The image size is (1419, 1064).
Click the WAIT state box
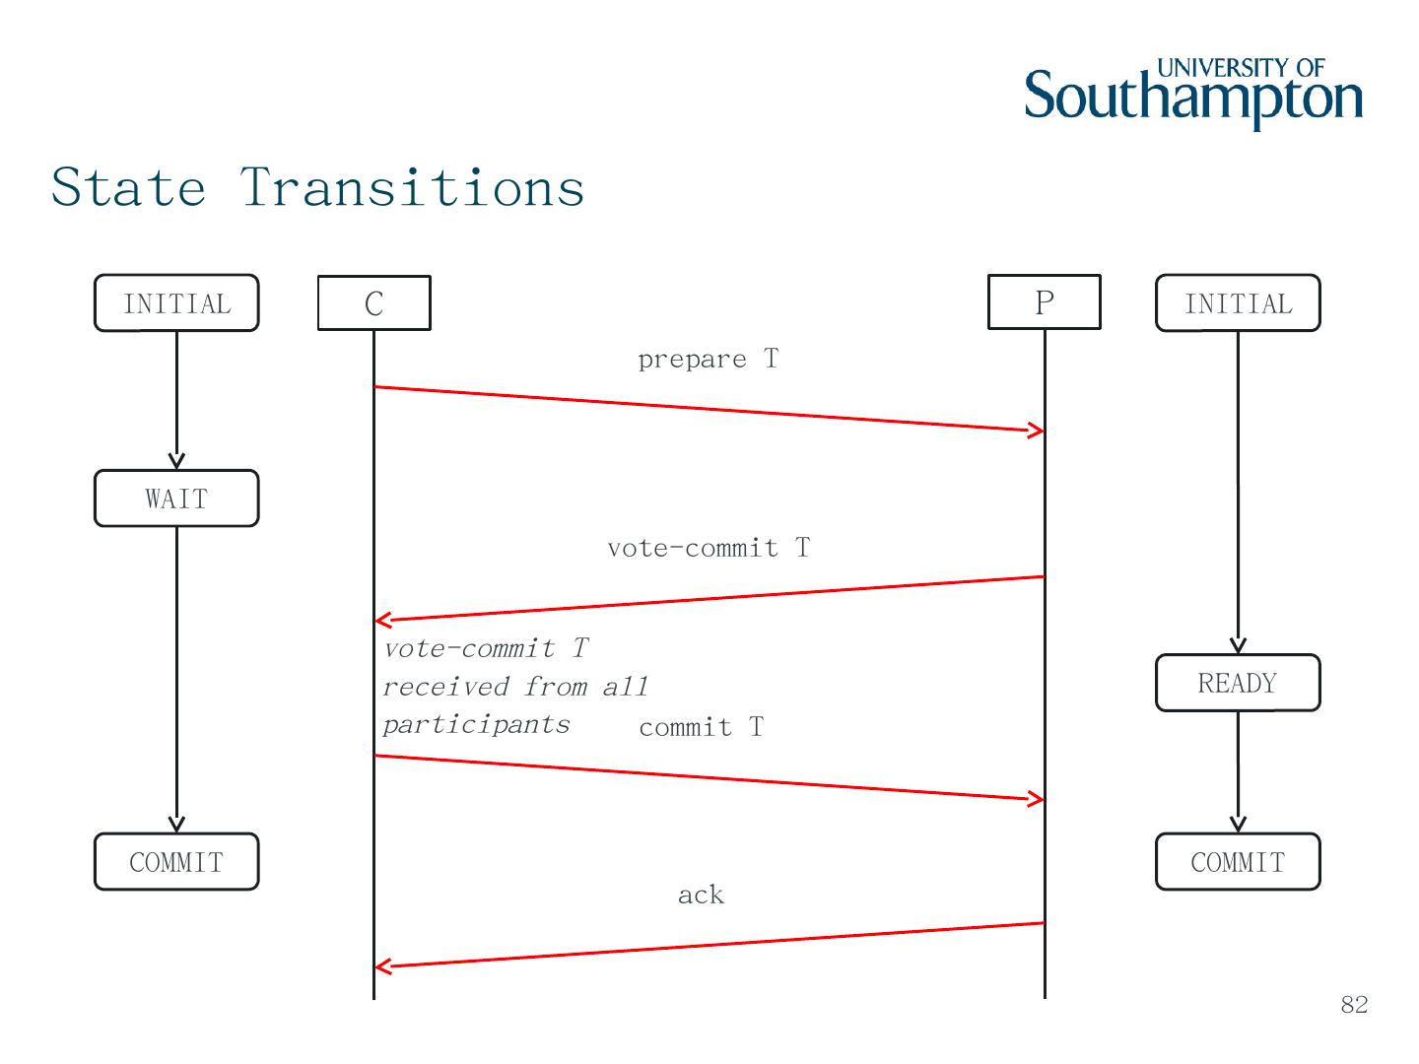click(x=176, y=499)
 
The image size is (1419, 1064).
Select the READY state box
click(x=1238, y=683)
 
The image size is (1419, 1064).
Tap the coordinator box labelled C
click(x=373, y=302)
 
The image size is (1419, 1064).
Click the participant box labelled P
click(x=1045, y=301)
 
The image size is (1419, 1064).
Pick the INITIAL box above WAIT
click(x=176, y=303)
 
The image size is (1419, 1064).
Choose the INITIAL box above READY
click(x=1238, y=303)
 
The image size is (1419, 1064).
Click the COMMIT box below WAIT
click(x=176, y=862)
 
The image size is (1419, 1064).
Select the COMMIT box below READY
click(x=1238, y=862)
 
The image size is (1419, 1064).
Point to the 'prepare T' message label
click(x=708, y=359)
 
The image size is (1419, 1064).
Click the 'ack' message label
click(x=701, y=895)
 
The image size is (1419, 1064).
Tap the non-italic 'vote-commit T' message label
click(x=709, y=548)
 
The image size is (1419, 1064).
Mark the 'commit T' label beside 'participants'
click(x=701, y=727)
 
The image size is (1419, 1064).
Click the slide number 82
click(x=1354, y=1004)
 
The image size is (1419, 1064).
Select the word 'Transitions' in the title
click(x=413, y=187)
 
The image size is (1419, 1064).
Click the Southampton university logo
click(x=1193, y=94)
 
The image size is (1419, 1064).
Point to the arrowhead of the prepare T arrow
click(x=1038, y=431)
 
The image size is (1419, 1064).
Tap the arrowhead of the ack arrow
click(x=382, y=966)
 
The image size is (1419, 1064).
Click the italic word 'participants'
click(x=476, y=724)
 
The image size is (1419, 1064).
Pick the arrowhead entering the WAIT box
click(x=176, y=461)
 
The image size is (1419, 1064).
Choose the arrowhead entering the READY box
click(x=1238, y=645)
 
